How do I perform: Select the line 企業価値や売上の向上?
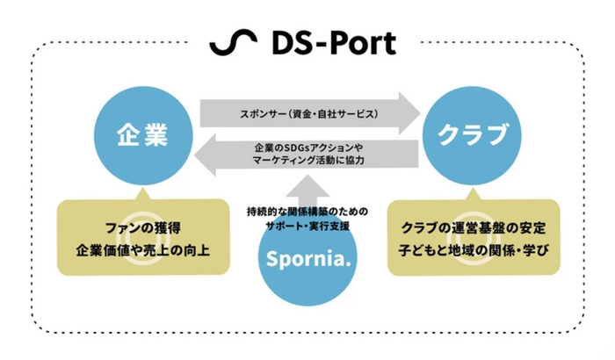point(142,251)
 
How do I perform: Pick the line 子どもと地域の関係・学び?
point(474,251)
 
